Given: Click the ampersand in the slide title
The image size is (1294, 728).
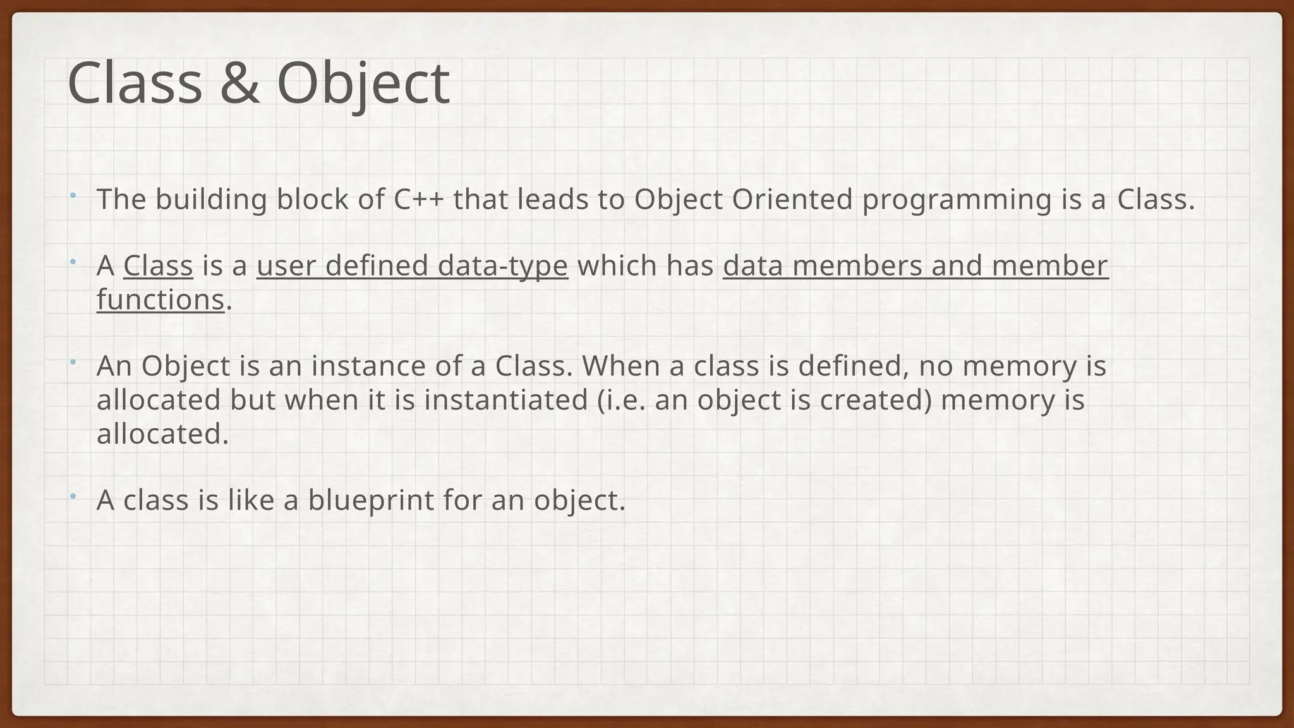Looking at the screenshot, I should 239,83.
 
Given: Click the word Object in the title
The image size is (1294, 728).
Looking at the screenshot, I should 363,83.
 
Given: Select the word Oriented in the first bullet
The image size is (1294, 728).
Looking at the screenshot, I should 792,200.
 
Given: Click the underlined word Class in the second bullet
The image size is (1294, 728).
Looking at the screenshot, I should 158,265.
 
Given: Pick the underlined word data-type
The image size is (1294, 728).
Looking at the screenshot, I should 502,265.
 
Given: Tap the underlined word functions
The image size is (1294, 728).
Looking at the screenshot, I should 160,300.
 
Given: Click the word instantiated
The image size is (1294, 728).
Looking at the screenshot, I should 505,401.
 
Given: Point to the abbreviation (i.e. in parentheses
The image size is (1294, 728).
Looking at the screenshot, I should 622,401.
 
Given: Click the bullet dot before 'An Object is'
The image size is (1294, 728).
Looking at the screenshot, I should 73,362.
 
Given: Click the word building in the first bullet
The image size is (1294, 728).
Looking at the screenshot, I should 211,200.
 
